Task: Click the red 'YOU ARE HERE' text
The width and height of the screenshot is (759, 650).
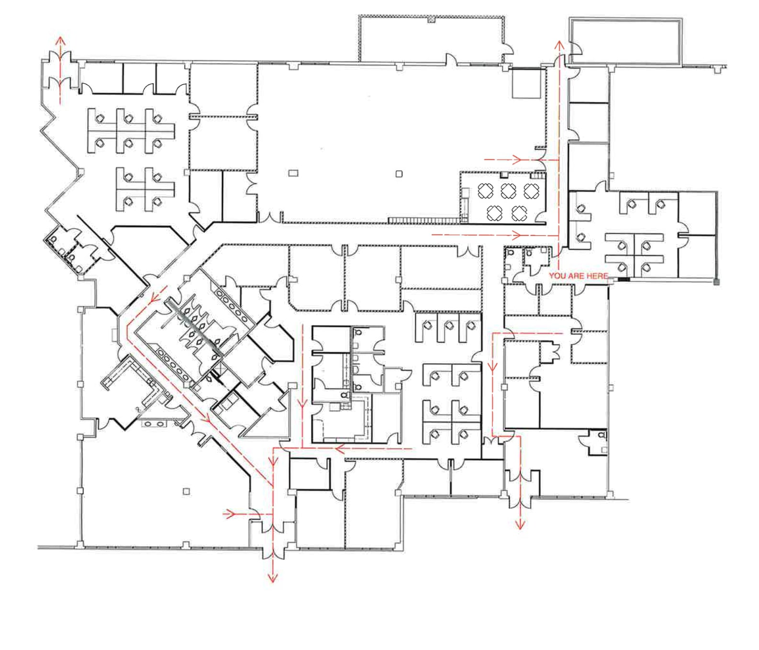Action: point(578,276)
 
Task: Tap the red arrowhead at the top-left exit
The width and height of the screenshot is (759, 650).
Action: point(60,40)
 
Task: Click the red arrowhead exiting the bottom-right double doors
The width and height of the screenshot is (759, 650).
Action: point(520,525)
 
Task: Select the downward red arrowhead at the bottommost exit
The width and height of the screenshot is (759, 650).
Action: point(272,578)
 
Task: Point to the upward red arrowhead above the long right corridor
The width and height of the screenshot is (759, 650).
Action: point(558,45)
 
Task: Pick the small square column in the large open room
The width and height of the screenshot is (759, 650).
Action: point(399,174)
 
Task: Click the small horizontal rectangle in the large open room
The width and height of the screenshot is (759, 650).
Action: point(293,173)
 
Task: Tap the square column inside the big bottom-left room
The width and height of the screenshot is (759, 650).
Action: point(186,491)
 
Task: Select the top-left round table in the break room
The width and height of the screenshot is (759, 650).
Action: point(485,191)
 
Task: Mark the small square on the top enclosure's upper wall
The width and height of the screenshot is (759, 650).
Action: point(431,19)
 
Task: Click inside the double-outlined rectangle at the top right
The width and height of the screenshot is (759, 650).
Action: point(625,41)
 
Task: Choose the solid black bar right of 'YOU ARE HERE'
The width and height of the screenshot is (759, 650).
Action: point(624,279)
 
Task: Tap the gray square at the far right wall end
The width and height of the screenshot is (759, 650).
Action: point(716,282)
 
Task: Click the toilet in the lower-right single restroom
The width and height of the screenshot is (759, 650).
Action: point(602,435)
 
